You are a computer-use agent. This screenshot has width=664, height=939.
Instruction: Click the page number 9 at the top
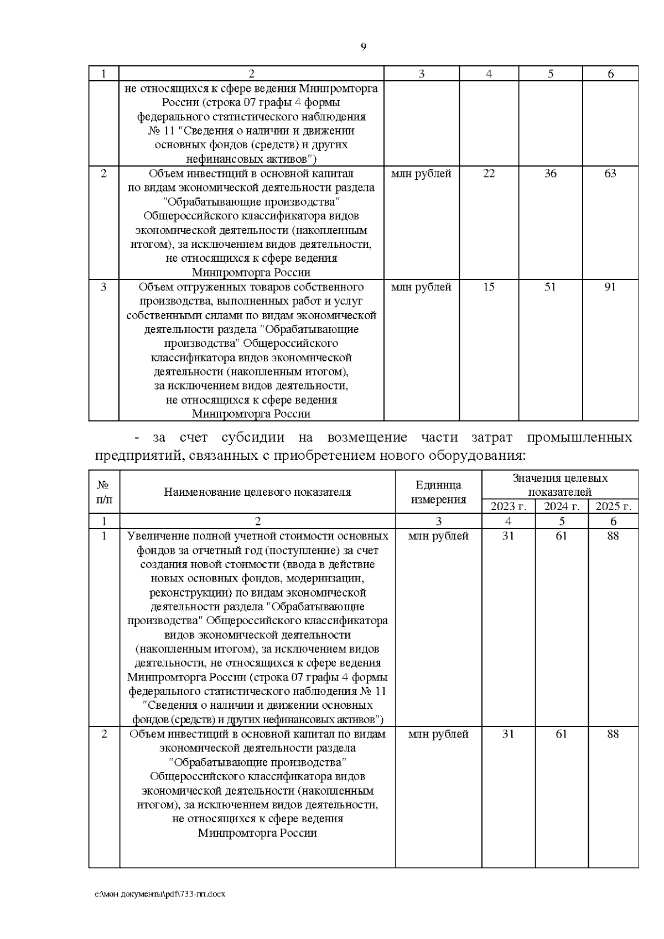[x=363, y=46]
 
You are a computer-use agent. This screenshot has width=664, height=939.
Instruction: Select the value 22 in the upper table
[x=489, y=173]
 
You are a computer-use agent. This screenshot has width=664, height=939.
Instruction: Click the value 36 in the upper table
[x=550, y=173]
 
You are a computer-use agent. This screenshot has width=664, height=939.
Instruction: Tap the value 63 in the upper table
[x=610, y=173]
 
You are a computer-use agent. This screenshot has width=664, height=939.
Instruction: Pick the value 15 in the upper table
[x=489, y=287]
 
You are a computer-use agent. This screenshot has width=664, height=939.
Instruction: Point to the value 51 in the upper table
[x=550, y=287]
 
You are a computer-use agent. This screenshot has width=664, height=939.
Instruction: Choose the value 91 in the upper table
[x=610, y=287]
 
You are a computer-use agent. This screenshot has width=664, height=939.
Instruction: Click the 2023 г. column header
[x=508, y=506]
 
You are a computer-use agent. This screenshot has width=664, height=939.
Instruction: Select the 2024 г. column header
[x=561, y=506]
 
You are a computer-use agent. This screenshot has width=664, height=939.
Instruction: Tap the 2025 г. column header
[x=613, y=506]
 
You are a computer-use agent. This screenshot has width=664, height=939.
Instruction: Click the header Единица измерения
[x=438, y=492]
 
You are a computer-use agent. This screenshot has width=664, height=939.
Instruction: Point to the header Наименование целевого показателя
[x=257, y=492]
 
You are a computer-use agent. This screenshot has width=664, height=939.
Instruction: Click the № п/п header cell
[x=103, y=492]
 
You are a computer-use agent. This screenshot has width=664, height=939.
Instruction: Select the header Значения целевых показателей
[x=560, y=485]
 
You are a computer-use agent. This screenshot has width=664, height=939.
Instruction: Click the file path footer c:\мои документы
[x=160, y=894]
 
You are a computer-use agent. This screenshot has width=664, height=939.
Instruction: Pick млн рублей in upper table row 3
[x=421, y=287]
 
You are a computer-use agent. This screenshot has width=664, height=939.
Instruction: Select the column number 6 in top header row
[x=610, y=74]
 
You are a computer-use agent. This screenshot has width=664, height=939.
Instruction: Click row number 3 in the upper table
[x=103, y=287]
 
